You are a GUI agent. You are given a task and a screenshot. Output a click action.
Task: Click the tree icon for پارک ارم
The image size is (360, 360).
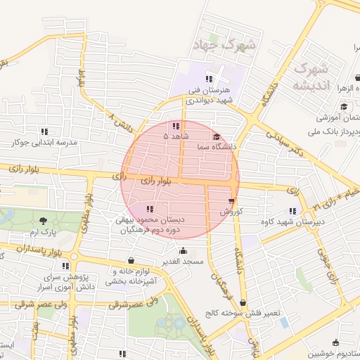(44, 221)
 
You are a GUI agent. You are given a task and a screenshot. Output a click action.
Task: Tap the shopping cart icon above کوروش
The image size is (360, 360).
(231, 200)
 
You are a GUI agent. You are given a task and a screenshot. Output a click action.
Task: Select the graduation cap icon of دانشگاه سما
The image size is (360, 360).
(216, 137)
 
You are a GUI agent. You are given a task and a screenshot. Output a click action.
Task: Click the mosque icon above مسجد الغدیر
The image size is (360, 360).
(184, 251)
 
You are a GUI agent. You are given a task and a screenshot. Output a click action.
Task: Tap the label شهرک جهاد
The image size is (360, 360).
(225, 46)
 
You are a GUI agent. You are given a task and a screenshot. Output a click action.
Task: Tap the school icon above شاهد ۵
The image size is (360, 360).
(174, 125)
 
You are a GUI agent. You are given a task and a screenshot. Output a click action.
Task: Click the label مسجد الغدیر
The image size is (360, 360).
(184, 262)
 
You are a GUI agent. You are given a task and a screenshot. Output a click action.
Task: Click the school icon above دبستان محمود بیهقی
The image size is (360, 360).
(149, 209)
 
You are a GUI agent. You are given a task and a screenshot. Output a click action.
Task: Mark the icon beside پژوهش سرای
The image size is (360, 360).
(66, 266)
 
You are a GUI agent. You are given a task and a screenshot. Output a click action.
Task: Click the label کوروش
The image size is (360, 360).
(231, 211)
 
